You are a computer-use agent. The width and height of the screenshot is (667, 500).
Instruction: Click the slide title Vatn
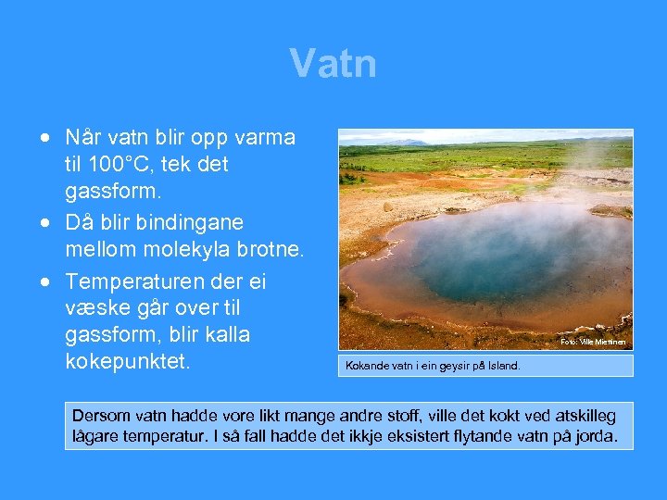click(x=333, y=64)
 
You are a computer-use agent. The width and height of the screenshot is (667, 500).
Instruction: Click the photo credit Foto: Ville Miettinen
click(x=593, y=343)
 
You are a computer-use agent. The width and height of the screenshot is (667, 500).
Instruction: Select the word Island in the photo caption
click(x=502, y=366)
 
